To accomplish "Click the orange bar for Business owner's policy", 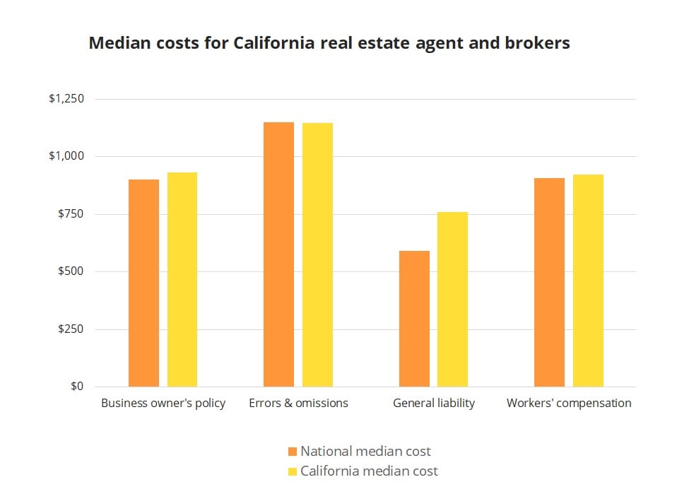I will coord(143,283).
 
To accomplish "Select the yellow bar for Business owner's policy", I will coord(182,279).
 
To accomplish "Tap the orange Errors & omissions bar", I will coord(278,254).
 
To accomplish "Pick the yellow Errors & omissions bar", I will coord(317,254).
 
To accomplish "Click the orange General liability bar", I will coord(414,319).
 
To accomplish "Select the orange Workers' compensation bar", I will coord(549,282).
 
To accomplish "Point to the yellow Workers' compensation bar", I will coord(588,281).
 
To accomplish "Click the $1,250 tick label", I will coord(66,99).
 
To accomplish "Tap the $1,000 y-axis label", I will coord(66,156).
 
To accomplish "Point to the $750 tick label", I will coord(70,214).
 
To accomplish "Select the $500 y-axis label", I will coord(70,271).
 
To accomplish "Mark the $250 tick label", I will coord(70,329).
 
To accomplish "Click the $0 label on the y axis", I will coord(76,387).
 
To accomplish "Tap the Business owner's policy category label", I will coord(163,404).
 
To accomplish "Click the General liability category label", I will coord(433,404).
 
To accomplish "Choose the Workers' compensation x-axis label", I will coord(569,404).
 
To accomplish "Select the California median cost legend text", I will coord(369,471).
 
